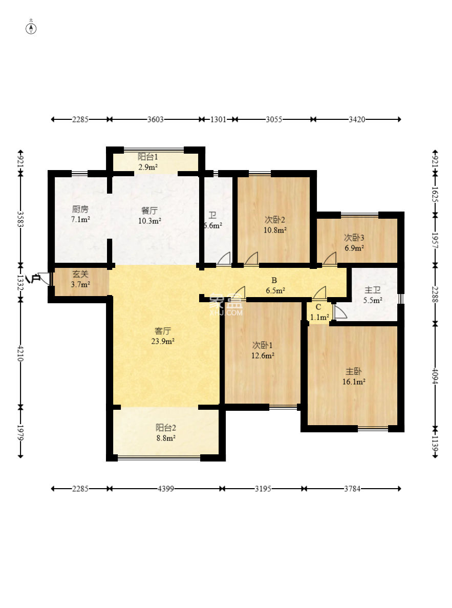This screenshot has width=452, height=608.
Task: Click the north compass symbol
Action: [31, 29]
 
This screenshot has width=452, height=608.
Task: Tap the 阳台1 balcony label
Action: [148, 157]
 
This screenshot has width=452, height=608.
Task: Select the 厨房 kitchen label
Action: [80, 209]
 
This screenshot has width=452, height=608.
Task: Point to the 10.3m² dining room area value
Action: [149, 221]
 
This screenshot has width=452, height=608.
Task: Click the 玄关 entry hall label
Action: [80, 274]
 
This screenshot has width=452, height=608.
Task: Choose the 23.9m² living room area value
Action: [163, 341]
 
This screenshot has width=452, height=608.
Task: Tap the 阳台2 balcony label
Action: [166, 428]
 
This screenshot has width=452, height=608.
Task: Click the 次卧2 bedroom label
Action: [275, 220]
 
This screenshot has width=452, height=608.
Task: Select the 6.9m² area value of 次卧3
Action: [354, 248]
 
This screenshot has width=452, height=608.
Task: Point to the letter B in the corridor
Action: [274, 280]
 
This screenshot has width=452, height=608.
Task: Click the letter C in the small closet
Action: [318, 307]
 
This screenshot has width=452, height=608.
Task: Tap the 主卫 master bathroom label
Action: [373, 290]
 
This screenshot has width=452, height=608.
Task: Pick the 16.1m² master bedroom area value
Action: [354, 382]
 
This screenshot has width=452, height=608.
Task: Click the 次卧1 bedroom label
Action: [263, 345]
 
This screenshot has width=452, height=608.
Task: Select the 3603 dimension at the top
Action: [155, 119]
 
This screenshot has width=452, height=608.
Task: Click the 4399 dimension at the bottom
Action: [165, 489]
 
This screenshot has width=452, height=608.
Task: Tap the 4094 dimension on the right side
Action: [435, 376]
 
